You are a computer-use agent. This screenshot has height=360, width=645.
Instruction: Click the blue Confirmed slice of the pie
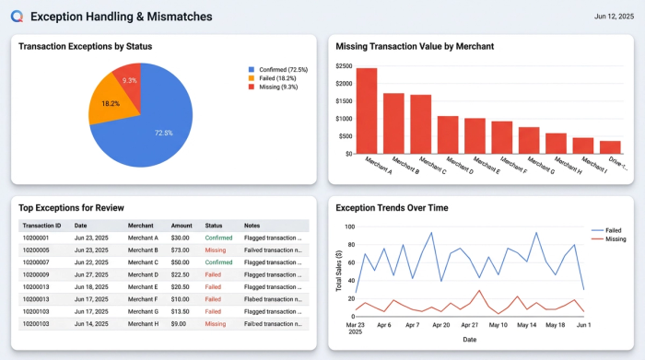[x=157, y=120]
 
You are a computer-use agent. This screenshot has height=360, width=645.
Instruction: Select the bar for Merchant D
[x=448, y=134]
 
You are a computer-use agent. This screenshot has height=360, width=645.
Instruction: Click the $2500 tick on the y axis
[x=344, y=66]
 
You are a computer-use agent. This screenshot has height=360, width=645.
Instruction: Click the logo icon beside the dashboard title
[x=17, y=17]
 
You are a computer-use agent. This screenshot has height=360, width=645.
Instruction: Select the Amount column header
[x=182, y=226]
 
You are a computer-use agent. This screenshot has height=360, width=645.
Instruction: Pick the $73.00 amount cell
[x=181, y=250]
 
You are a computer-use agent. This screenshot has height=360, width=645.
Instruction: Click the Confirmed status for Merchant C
[x=219, y=262]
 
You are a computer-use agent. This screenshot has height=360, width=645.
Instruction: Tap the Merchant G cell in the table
[x=144, y=311]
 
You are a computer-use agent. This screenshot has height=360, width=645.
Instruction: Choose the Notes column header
[x=252, y=226]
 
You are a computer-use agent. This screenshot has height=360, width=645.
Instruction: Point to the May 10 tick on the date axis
[x=498, y=324]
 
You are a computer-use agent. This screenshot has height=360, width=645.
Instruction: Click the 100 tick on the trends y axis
[x=348, y=226]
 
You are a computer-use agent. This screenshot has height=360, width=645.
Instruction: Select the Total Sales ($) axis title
[x=339, y=271]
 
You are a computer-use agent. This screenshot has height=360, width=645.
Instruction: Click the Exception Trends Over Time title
[x=392, y=208]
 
